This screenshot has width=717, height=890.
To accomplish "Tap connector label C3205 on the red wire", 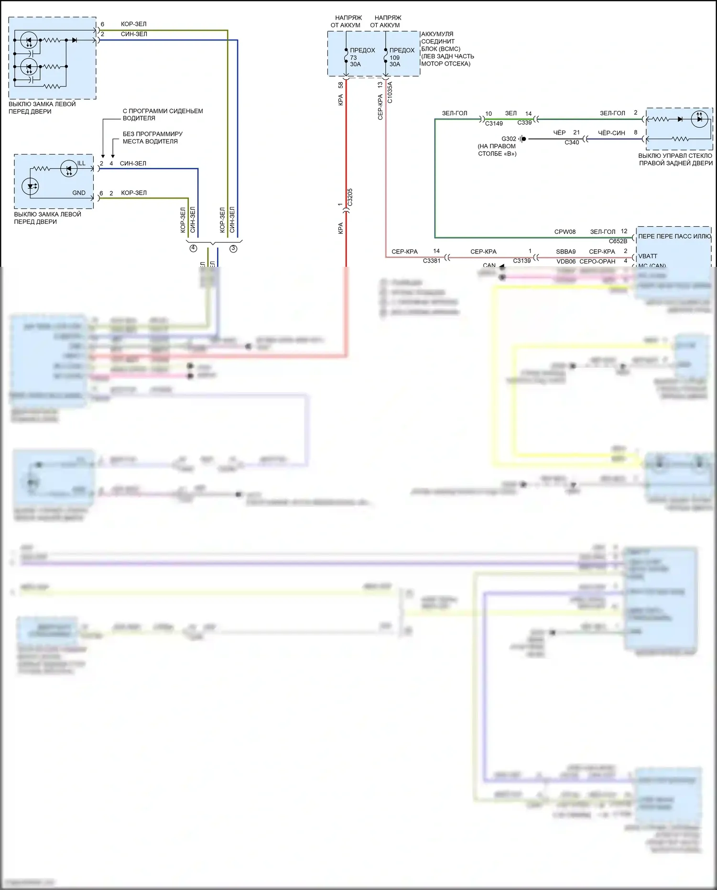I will (350, 197).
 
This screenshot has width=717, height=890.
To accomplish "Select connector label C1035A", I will (390, 92).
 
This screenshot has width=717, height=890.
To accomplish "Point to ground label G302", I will (509, 139).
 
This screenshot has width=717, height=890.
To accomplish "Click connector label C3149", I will (494, 123).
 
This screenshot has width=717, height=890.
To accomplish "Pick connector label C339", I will (524, 122).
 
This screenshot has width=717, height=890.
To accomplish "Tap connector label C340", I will (572, 143).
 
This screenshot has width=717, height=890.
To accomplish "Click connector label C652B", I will (618, 241).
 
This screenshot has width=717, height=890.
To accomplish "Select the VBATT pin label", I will (648, 256).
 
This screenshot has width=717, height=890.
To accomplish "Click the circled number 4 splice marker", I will (193, 248).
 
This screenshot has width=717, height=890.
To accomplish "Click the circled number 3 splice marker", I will (233, 248).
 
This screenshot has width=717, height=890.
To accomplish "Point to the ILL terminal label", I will (81, 163).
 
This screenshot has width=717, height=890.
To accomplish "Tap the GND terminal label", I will (79, 193).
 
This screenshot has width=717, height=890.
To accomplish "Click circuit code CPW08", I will (565, 232).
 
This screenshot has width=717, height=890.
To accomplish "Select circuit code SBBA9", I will (565, 252).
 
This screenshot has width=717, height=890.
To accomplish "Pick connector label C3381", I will (431, 261).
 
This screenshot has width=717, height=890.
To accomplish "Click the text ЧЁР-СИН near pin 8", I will (611, 133).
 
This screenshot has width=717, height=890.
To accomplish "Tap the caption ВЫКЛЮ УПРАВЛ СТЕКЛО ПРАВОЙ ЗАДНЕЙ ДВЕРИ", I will (675, 159).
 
